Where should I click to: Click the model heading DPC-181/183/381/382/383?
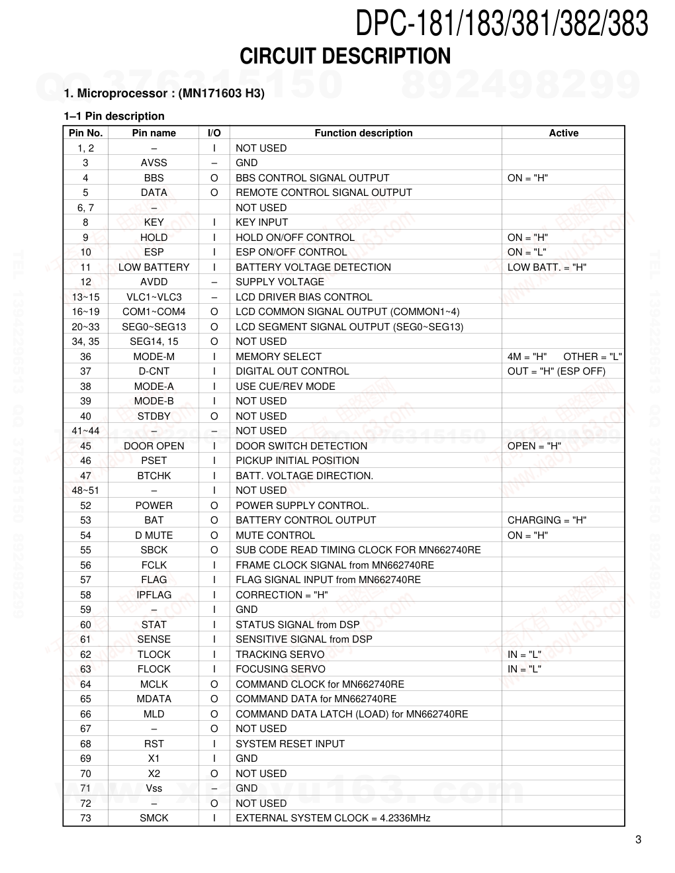coord(501,23)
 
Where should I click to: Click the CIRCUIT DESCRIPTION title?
coord(345,57)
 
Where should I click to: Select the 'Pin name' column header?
coord(154,133)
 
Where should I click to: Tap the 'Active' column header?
coord(563,133)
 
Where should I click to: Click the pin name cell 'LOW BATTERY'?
coord(154,267)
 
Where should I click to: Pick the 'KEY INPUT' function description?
coord(261,222)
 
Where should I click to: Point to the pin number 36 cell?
coord(85,357)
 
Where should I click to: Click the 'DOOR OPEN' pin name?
coord(154,446)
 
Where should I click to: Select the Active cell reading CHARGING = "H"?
coord(547,520)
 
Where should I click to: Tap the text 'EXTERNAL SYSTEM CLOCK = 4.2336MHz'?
coord(333,818)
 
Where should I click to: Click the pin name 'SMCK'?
coord(154,818)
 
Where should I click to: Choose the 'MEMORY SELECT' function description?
coord(279,357)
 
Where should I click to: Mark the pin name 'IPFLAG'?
coord(154,595)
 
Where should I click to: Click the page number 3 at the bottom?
coord(638,840)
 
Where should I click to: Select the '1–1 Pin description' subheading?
coord(114,116)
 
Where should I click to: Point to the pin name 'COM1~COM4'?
coord(154,312)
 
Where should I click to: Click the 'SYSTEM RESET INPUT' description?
coord(290,744)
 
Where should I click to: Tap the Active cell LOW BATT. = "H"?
coord(547,267)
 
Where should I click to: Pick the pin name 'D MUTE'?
coord(154,535)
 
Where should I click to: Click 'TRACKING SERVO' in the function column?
coord(280,655)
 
